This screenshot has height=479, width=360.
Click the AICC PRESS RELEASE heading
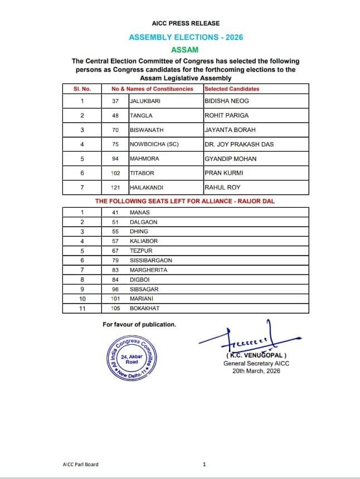click(186, 23)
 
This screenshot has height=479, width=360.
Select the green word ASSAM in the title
click(186, 50)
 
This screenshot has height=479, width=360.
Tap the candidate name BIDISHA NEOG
click(226, 101)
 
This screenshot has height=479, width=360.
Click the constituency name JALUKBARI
click(146, 101)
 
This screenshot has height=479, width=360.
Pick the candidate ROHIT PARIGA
click(226, 115)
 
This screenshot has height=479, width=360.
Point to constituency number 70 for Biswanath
click(115, 130)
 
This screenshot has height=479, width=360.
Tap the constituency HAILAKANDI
click(147, 187)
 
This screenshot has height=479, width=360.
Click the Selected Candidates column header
click(232, 89)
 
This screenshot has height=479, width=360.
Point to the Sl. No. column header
click(82, 89)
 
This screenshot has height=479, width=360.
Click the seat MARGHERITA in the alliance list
click(148, 270)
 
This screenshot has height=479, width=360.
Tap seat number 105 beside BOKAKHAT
click(115, 308)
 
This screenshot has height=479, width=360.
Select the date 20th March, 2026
click(256, 371)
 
